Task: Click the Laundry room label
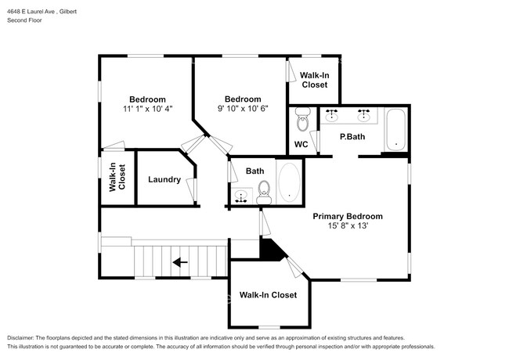[x=164, y=179]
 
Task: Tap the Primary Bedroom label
[x=348, y=216]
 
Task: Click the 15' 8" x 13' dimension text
[x=348, y=226]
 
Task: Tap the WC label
[x=301, y=145]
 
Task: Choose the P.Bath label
[x=352, y=137]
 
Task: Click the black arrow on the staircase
[x=180, y=262]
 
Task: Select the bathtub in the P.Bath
[x=396, y=129]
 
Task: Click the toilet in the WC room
[x=303, y=121]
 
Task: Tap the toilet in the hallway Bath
[x=264, y=189]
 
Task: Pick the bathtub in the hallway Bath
[x=289, y=182]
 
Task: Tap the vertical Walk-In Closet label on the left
[x=117, y=178]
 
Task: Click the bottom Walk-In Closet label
[x=268, y=295]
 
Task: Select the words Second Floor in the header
[x=25, y=20]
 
